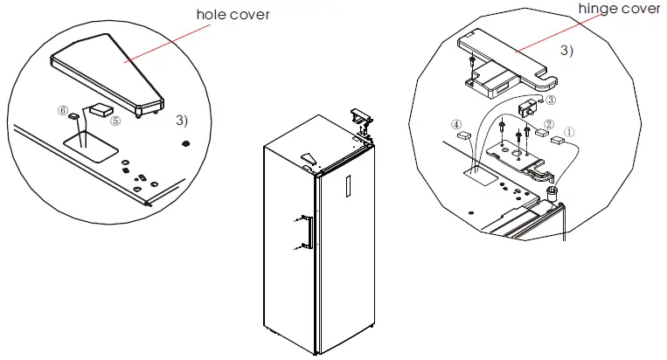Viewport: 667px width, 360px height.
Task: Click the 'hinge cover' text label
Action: pyautogui.click(x=620, y=9)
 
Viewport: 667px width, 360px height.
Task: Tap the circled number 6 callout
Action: pyautogui.click(x=62, y=111)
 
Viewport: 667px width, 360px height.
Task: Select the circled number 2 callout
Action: pyautogui.click(x=548, y=125)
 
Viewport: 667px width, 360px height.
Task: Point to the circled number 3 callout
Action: pyautogui.click(x=551, y=100)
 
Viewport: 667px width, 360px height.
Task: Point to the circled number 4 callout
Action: pyautogui.click(x=456, y=124)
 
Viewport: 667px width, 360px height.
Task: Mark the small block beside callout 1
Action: pyautogui.click(x=556, y=140)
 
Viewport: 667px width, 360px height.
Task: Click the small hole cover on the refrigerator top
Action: pyautogui.click(x=307, y=158)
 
